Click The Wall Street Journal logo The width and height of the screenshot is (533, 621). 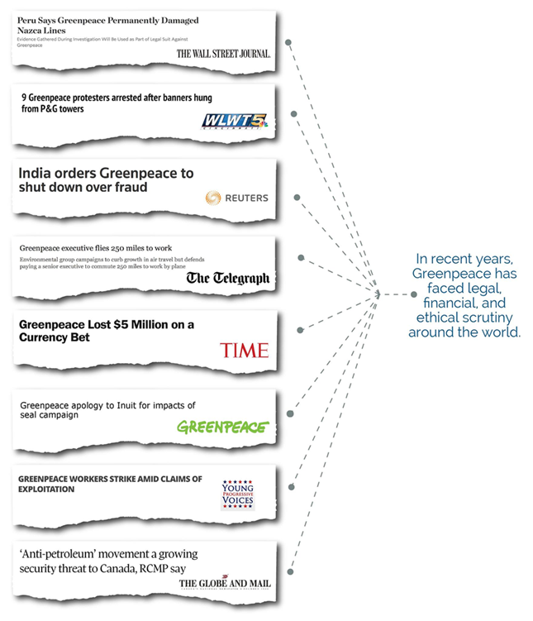coord(223,54)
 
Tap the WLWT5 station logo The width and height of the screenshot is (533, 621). coord(236,122)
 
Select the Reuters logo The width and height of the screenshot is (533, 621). coord(236,198)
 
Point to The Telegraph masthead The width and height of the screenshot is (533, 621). coord(228,278)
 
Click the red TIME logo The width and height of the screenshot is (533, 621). coord(244,350)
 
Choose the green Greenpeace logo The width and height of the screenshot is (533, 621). coord(223,427)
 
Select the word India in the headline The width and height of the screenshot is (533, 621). coord(39,173)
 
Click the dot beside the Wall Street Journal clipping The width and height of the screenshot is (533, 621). coord(288,41)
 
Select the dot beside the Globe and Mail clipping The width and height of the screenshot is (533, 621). coord(289,571)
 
